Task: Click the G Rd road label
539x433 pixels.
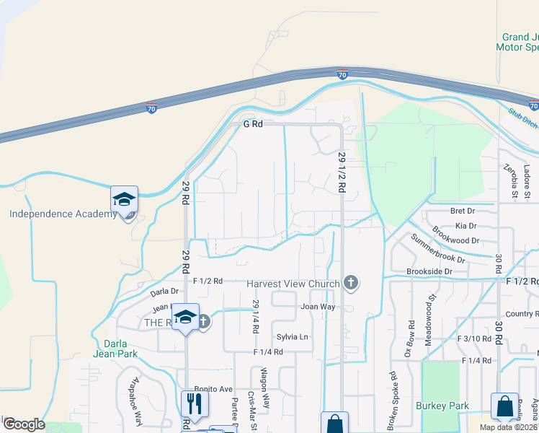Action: tap(253, 124)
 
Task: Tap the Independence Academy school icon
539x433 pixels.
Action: tap(124, 198)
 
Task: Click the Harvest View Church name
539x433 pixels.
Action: tap(293, 284)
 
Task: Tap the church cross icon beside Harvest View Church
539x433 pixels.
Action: tap(351, 282)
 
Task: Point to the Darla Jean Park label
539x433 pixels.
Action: tap(115, 348)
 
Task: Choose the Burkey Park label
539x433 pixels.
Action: tap(442, 406)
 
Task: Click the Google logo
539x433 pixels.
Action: tap(23, 424)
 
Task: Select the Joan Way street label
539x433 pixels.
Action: tap(318, 307)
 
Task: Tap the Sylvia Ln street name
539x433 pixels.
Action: tap(292, 337)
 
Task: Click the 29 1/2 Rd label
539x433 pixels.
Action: tap(342, 172)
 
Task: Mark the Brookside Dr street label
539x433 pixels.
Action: tap(429, 271)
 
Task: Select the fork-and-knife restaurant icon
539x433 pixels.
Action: tap(193, 402)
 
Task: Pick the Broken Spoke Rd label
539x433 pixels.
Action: tap(393, 396)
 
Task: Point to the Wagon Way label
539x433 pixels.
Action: tap(264, 388)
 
